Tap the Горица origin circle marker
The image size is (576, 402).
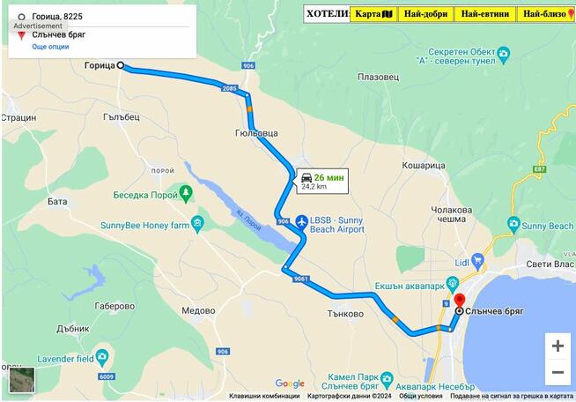[121, 65]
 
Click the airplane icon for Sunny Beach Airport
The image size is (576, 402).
[302, 221]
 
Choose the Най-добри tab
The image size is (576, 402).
[426, 14]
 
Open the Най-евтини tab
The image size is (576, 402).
[484, 14]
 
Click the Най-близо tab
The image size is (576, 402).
[546, 14]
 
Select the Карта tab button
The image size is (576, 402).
[374, 14]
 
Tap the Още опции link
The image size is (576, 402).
[50, 46]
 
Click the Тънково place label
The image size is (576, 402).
[345, 313]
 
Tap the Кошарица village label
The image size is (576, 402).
[425, 165]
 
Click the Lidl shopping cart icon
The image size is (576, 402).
[478, 261]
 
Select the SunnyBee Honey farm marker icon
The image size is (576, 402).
[197, 224]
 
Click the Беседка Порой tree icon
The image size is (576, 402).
[185, 192]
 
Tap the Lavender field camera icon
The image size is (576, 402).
[102, 358]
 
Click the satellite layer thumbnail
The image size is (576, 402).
[22, 380]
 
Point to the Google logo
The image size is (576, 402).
[290, 383]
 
